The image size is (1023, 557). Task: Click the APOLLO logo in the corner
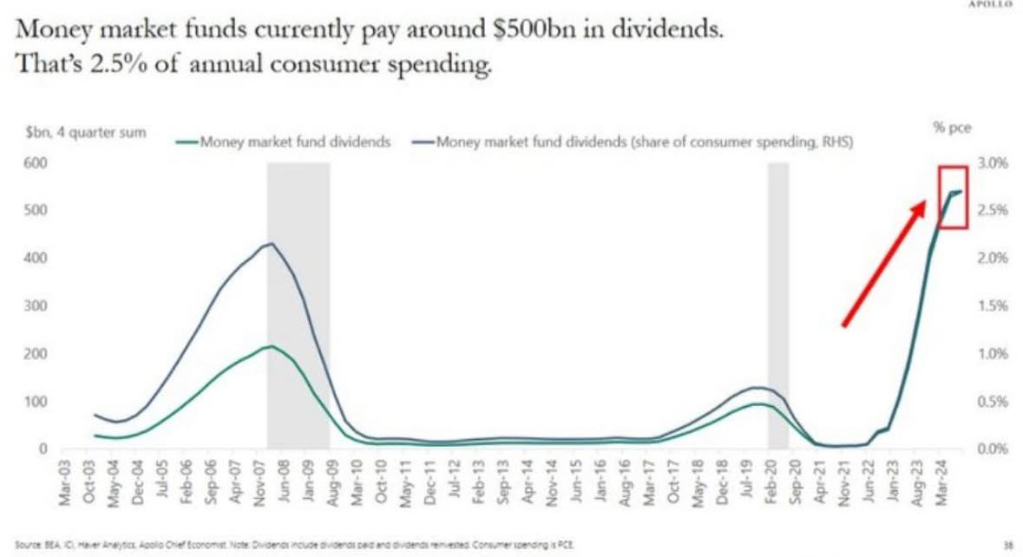point(995,3)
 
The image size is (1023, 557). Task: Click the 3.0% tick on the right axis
point(990,164)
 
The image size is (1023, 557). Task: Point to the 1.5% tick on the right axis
point(990,306)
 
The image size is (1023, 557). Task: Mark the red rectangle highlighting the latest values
point(953,197)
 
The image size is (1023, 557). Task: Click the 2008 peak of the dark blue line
point(272,244)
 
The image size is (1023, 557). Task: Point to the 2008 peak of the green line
point(272,346)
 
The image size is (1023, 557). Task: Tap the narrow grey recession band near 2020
point(777,304)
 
